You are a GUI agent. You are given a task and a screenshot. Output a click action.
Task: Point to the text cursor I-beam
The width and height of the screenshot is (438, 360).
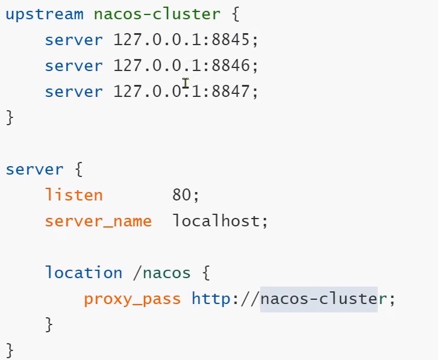click(186, 84)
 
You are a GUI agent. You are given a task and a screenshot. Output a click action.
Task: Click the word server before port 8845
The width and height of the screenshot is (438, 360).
click(74, 40)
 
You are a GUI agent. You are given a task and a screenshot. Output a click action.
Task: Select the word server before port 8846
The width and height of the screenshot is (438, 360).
click(74, 66)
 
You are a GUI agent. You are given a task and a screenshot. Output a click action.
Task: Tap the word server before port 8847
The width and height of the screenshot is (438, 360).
click(74, 92)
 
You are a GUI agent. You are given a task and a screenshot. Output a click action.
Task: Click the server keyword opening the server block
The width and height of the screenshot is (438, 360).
click(34, 169)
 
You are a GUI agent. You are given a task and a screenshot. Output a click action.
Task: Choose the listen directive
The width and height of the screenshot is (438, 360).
click(74, 195)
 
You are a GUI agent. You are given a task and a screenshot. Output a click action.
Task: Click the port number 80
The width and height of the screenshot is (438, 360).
click(183, 195)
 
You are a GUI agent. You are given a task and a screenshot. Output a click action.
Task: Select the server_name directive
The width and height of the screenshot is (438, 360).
click(98, 221)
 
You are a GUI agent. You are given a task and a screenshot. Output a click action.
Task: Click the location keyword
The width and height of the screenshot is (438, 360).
click(84, 273)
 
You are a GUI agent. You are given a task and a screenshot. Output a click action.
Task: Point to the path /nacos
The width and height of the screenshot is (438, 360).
click(163, 273)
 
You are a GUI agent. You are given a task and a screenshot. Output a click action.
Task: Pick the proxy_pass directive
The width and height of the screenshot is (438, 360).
click(133, 299)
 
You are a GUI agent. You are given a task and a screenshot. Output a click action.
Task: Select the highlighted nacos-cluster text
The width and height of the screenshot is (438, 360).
click(319, 299)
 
